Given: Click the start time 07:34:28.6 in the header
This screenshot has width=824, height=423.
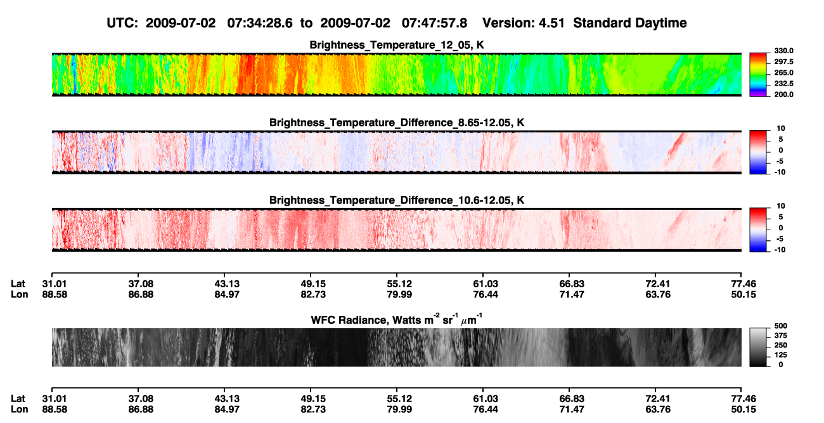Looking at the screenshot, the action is (260, 23).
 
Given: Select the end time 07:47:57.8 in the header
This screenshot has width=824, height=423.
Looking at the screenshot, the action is (434, 23).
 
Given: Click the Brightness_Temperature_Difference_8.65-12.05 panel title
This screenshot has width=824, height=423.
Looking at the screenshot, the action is (397, 123).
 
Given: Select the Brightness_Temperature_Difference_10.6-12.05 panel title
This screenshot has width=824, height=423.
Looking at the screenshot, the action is (397, 200).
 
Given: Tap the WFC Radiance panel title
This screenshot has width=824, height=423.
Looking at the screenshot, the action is (397, 319).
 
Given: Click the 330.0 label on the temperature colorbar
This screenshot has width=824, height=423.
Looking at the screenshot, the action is (783, 51).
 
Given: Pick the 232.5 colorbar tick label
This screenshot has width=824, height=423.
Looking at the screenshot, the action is (783, 84).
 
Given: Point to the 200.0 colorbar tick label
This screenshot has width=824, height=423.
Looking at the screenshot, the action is (783, 94).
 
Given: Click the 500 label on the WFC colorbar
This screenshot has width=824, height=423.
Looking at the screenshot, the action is (781, 326).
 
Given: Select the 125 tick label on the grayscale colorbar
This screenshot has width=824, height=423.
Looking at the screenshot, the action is (781, 355).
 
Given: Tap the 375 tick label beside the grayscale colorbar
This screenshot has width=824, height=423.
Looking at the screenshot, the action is (781, 335).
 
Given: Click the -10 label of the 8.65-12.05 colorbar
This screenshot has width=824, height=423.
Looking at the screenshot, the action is (780, 172).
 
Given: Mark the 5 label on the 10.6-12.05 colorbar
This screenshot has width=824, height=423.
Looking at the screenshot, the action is (781, 217).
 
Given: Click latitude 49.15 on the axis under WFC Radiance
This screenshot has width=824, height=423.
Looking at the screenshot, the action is (313, 399).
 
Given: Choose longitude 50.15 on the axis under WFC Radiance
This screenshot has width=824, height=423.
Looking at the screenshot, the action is (744, 410).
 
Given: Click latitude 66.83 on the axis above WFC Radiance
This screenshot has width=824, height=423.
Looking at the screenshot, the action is (572, 284).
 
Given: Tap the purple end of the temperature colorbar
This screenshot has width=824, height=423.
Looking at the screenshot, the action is (758, 95).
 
